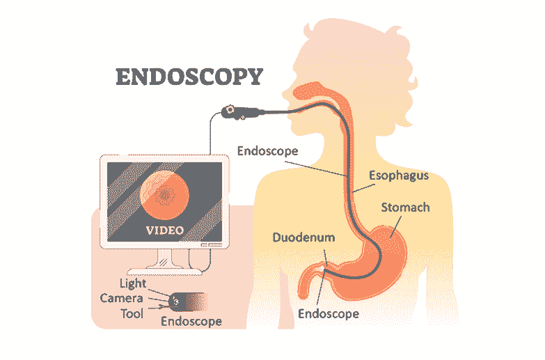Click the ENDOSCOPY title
(189, 76)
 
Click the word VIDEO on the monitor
(164, 230)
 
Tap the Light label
(133, 284)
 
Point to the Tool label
(132, 313)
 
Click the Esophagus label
(397, 175)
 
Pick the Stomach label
(405, 208)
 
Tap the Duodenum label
(303, 238)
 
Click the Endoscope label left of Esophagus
(267, 150)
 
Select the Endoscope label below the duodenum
(328, 313)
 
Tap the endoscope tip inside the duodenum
(325, 269)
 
